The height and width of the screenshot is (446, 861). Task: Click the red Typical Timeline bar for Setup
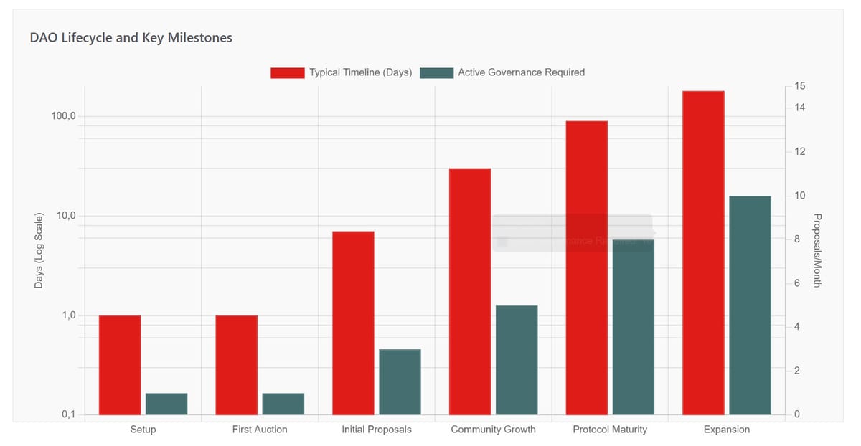pos(120,365)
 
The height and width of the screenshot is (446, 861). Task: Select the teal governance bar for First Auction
pos(283,404)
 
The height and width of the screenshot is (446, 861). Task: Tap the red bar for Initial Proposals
pos(353,323)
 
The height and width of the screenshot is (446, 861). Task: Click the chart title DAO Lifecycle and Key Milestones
pos(131,38)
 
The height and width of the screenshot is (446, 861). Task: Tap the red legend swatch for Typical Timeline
pos(287,72)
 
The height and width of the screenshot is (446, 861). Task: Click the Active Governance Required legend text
pos(521,72)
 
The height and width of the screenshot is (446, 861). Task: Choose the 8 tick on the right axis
pos(796,239)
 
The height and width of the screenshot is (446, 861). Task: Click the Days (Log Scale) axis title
pos(39,251)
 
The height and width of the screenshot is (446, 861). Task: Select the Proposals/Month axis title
pos(817,250)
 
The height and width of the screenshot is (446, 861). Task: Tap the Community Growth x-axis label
pos(493,430)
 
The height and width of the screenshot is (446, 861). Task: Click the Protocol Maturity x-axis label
pos(610,430)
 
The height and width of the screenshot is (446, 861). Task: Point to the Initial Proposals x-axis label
pos(377,430)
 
